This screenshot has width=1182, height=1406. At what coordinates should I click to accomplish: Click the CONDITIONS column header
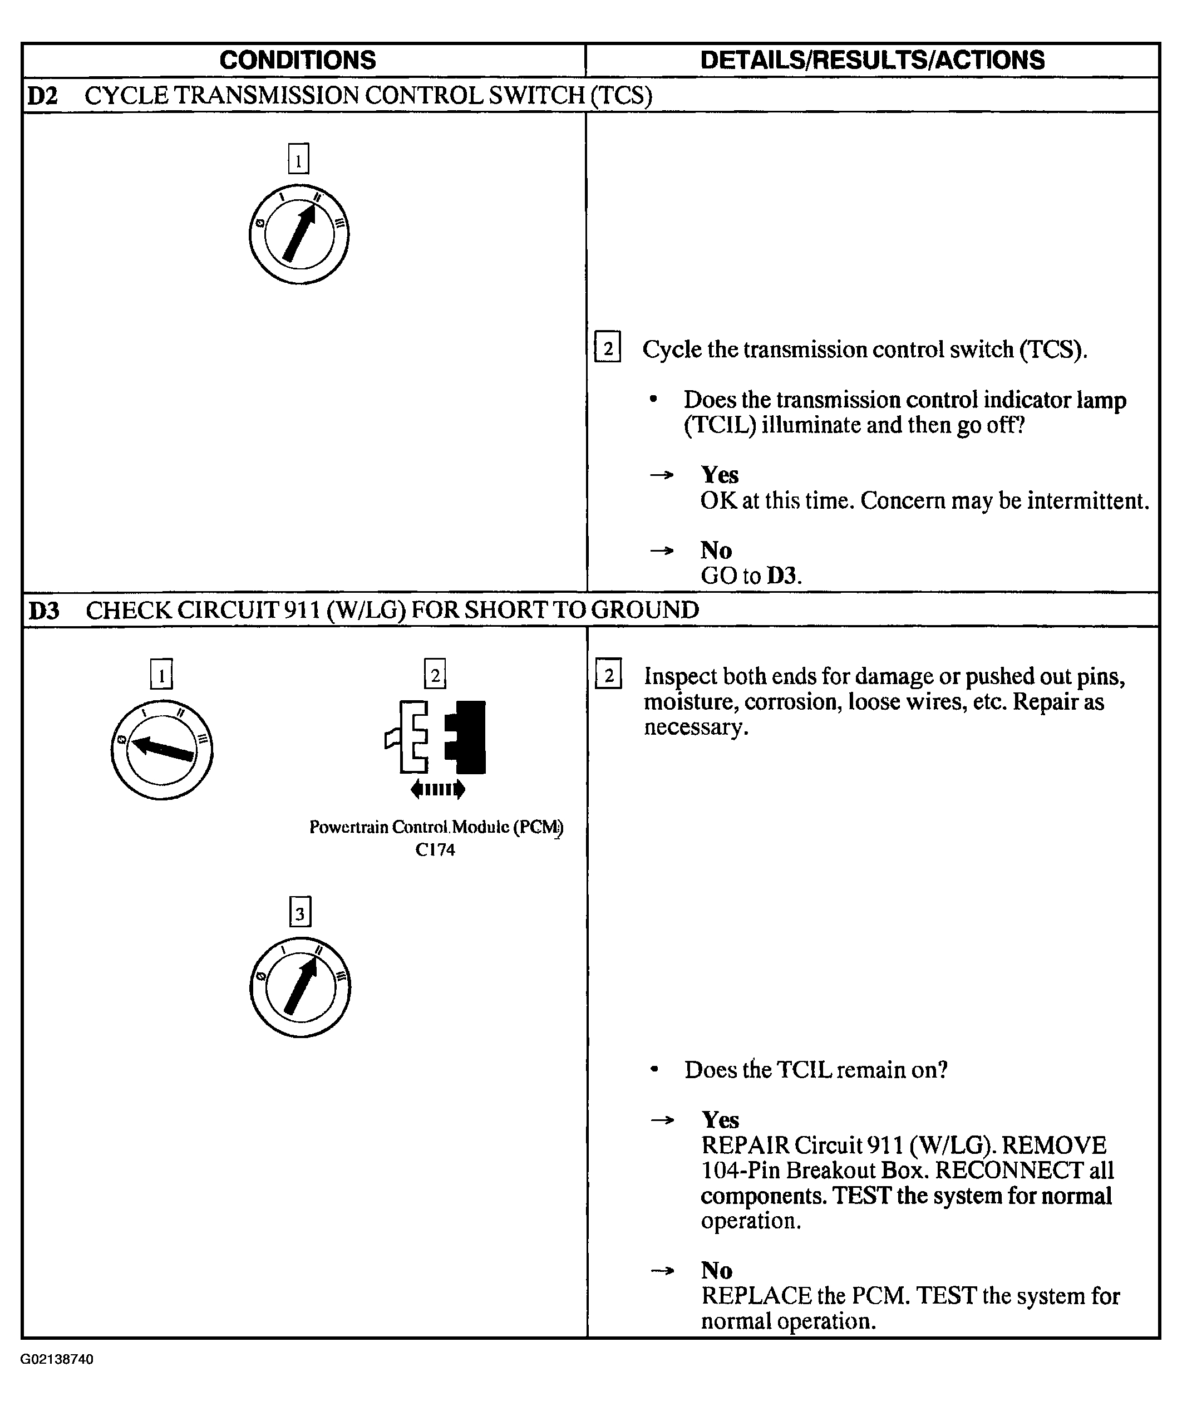[x=298, y=60]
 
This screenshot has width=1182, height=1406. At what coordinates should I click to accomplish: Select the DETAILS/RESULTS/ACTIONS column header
[x=872, y=60]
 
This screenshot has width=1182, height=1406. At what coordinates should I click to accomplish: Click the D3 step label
[x=43, y=611]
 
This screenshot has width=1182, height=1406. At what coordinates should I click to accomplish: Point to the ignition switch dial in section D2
[x=299, y=234]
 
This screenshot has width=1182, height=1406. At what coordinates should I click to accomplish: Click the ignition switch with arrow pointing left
[x=161, y=749]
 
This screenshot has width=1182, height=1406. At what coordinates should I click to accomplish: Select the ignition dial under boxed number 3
[x=299, y=987]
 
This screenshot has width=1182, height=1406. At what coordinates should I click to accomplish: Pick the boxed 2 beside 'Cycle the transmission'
[x=608, y=347]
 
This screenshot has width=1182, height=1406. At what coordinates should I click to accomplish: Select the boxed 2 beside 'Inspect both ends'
[x=608, y=674]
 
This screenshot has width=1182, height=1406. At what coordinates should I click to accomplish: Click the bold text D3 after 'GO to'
[x=784, y=576]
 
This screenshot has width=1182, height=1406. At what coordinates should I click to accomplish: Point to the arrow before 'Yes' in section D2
[x=661, y=475]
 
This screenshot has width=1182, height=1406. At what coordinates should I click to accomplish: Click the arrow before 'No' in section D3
[x=662, y=1270]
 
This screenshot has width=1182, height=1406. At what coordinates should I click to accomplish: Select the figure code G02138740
[x=57, y=1359]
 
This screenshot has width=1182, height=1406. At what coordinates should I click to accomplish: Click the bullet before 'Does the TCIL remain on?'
[x=654, y=1070]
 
